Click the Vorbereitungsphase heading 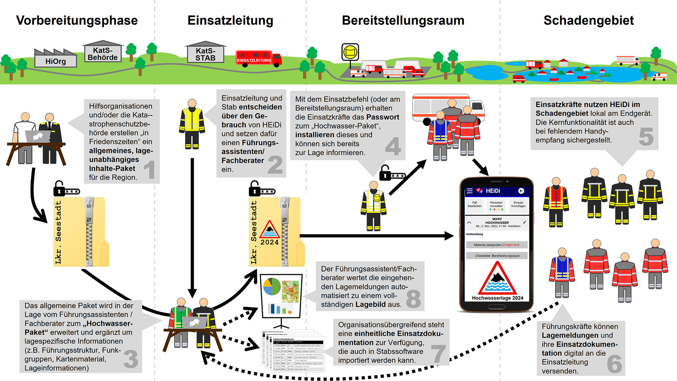77,20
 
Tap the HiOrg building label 56,61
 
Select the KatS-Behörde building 103,53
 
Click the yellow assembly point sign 350,52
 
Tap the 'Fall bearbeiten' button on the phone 475,204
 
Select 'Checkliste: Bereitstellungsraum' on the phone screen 497,256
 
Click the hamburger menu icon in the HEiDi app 470,191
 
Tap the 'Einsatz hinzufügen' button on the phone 518,204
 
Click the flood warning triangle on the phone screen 497,279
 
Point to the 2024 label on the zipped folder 270,242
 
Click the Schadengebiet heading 589,20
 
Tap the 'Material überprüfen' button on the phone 497,245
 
